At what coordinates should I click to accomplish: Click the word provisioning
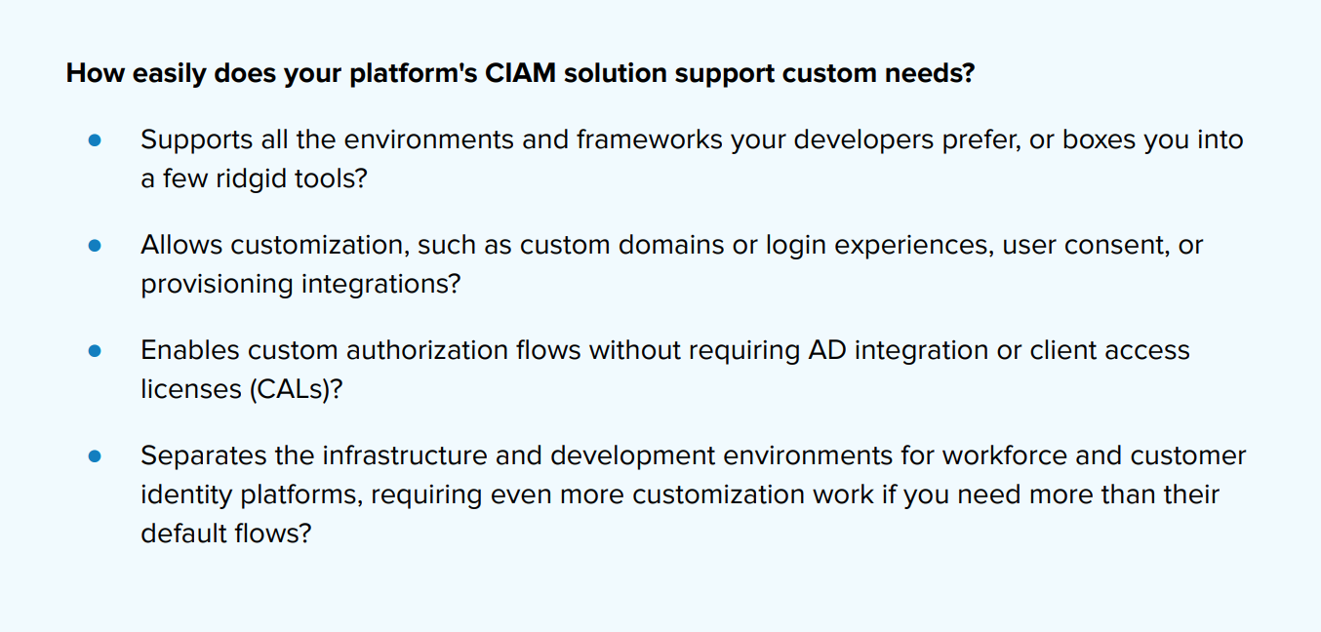point(217,284)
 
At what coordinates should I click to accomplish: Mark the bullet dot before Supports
point(95,140)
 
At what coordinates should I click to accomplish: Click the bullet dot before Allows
point(95,246)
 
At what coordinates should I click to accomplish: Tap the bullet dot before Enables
point(95,351)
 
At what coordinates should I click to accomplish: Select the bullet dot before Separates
point(95,456)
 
